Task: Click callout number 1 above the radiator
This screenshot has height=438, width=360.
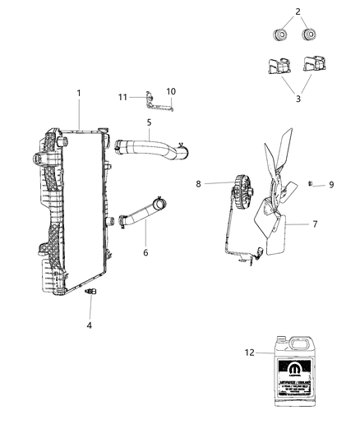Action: (80, 93)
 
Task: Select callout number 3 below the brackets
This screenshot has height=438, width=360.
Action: (298, 99)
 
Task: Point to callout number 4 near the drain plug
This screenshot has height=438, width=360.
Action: (90, 325)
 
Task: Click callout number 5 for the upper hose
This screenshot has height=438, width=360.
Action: (149, 123)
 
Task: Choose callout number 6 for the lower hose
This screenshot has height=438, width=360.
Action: (145, 253)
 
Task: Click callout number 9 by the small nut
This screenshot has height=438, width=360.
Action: (331, 185)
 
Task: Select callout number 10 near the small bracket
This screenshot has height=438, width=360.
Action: (172, 91)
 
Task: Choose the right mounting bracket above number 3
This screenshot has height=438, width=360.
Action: (315, 66)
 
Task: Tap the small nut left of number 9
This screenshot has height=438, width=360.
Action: (313, 184)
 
